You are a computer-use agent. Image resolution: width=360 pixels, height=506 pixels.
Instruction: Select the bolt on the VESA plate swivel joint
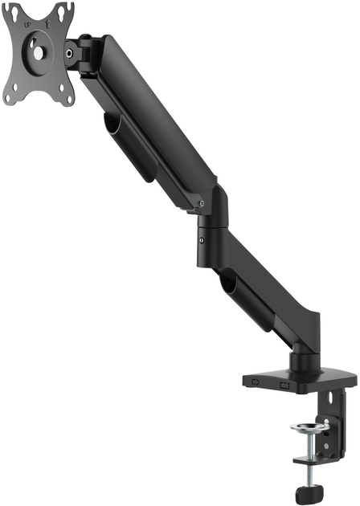[x=72, y=53]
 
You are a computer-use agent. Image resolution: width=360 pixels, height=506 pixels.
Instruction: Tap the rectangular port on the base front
[x=284, y=386]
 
